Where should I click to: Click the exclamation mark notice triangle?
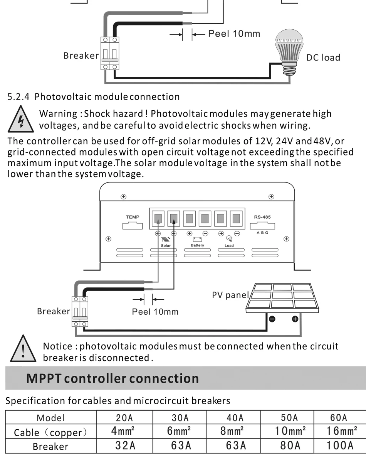pos(23,349)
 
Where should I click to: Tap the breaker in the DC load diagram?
pos(110,54)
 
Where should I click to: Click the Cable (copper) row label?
pos(50,432)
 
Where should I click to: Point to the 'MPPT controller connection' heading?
pos(112,378)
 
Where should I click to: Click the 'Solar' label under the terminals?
pos(166,245)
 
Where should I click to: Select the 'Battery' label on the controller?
pos(197,245)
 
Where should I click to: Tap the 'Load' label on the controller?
pos(229,245)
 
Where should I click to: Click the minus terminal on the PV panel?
pos(272,319)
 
